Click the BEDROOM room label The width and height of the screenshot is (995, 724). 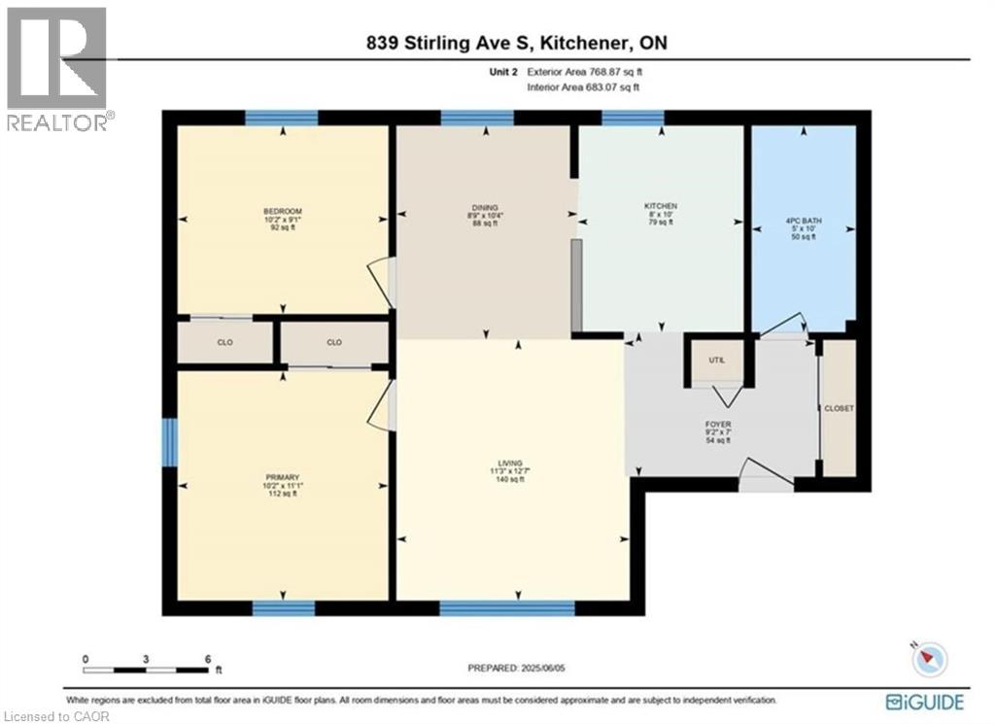pos(283,212)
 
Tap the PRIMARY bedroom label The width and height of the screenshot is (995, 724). pos(282,477)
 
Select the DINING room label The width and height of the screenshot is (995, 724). pos(485,207)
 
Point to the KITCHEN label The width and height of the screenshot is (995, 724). pos(661,207)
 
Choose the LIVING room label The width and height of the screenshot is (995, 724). pos(510,463)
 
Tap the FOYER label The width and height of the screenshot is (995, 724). pos(719,425)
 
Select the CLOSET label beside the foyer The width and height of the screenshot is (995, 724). pos(839,408)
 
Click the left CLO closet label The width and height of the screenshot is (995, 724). pos(223,342)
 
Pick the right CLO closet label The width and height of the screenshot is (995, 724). pos(334,342)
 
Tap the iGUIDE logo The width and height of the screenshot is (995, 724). pos(926,701)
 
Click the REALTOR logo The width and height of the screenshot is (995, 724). pos(57,68)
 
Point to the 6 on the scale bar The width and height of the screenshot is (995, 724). pos(208,658)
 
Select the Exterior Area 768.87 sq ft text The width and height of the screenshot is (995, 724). pos(582,72)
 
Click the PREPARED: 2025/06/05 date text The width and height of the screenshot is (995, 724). pos(510,668)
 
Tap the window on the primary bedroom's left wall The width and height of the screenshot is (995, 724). pos(169,441)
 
